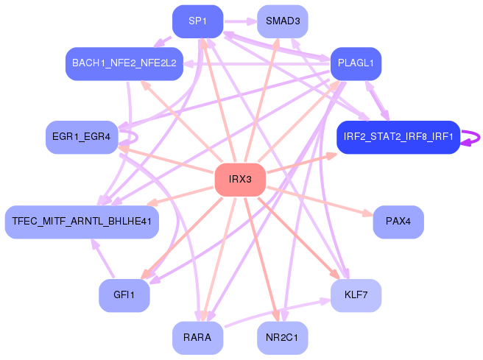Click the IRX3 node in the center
240,180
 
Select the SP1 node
197,21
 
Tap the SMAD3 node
283,21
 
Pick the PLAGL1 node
356,63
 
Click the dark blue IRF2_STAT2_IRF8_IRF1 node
398,137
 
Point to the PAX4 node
398,222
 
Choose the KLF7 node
356,295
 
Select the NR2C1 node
283,338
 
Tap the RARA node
197,338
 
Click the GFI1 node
124,295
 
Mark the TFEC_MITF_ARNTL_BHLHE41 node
82,222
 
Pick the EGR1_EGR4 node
82,137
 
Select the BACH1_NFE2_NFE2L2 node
124,63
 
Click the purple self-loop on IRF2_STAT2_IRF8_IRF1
473,137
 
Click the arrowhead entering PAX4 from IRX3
368,214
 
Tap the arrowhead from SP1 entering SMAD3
252,21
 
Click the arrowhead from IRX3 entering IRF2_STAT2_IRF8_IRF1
331,156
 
